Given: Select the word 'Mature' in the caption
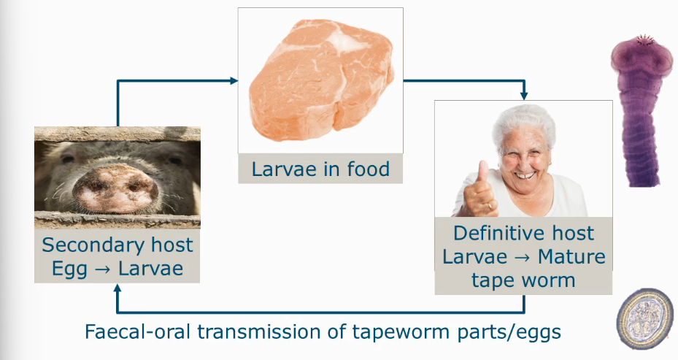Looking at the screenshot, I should click(571, 257).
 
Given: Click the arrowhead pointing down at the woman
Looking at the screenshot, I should click(523, 96).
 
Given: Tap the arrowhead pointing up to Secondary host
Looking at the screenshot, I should click(118, 289).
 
